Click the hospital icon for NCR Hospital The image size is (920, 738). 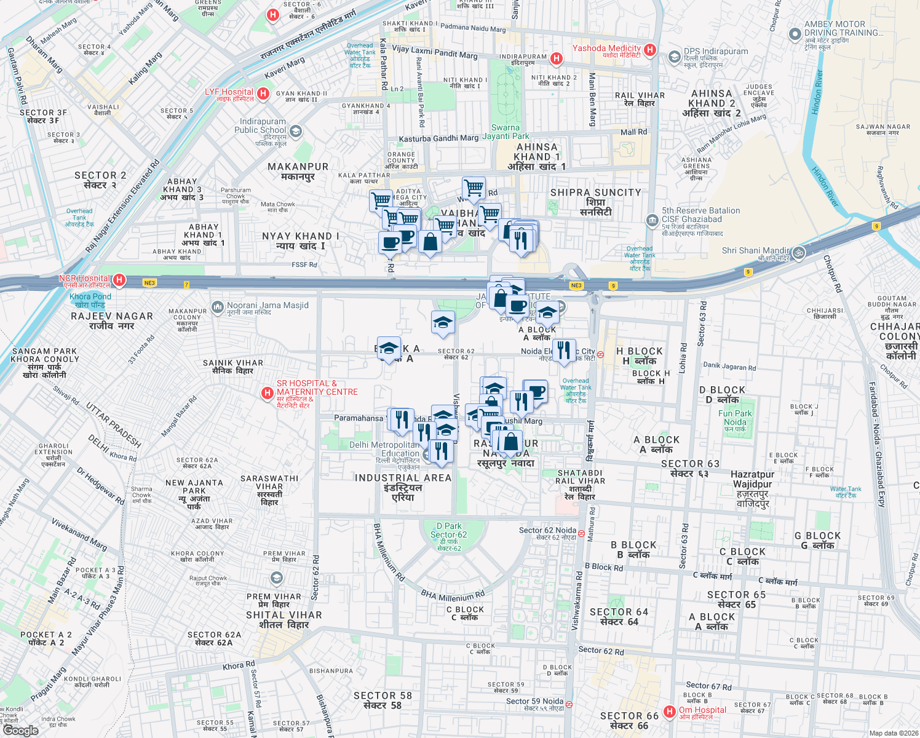coord(119,280)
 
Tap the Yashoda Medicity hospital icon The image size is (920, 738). coord(651,50)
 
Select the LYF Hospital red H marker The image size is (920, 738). coord(263,93)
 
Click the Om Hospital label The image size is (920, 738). coord(702,710)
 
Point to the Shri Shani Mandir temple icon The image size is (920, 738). coord(798,252)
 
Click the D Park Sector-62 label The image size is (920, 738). coord(449,530)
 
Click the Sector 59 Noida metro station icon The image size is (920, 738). coord(569,704)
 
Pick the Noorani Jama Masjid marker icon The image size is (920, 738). coord(217,306)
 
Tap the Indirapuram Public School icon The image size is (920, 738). coord(296,131)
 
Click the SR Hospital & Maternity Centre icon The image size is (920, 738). coord(267,393)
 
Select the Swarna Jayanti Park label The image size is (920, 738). coord(506,132)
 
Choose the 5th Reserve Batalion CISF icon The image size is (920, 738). coord(652,220)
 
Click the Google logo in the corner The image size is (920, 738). coord(20,730)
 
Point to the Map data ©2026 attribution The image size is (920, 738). coord(893,733)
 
